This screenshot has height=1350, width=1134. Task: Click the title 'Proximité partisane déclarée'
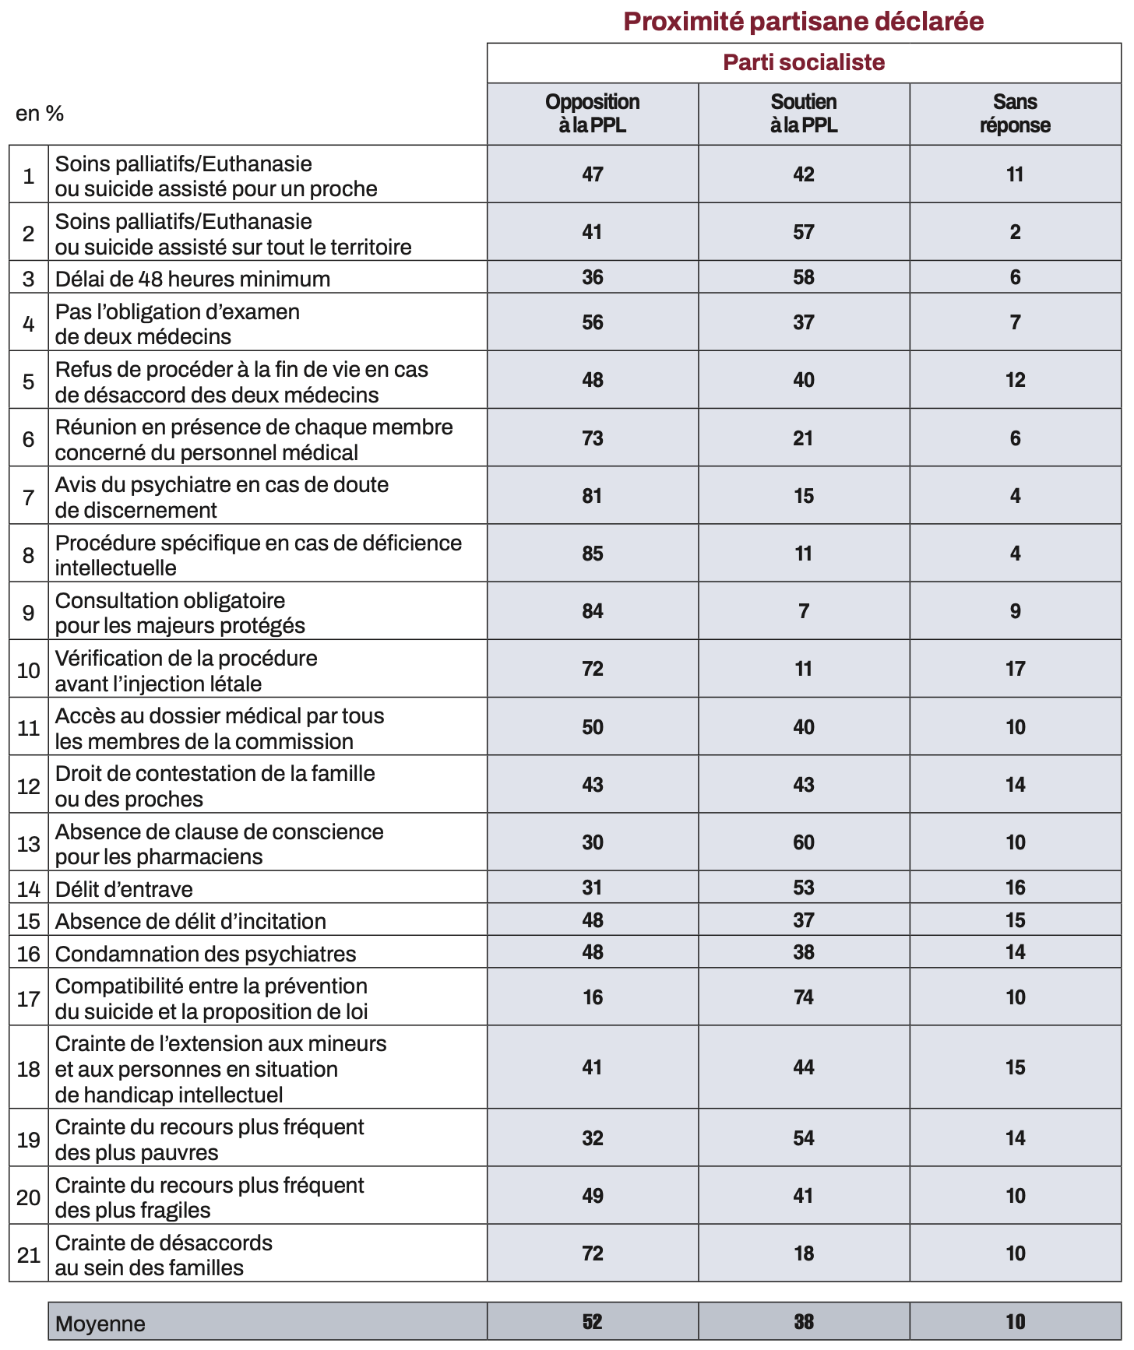(803, 21)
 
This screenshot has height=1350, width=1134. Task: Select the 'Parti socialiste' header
(803, 62)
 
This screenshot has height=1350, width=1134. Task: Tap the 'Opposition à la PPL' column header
(592, 114)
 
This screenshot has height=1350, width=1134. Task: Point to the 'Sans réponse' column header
(1015, 114)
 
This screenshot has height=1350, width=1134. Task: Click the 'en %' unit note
(40, 114)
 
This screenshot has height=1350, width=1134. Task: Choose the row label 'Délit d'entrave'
(124, 888)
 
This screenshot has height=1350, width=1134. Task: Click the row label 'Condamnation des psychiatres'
(206, 953)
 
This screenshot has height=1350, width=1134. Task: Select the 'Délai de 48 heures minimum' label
(192, 278)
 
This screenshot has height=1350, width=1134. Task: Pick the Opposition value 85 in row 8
(592, 554)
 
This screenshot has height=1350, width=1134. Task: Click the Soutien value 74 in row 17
(803, 997)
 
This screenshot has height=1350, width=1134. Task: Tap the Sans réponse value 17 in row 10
(1015, 669)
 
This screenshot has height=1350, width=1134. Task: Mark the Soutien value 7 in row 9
(803, 611)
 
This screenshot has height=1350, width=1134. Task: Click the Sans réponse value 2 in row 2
(1015, 232)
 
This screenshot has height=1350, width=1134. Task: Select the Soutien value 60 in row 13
(803, 842)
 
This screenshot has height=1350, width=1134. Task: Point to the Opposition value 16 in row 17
(592, 997)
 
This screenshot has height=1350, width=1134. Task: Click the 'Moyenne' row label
(100, 1323)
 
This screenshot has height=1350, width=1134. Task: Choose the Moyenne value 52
(592, 1322)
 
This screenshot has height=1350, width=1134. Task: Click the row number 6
(29, 439)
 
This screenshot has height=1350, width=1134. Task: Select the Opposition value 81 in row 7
(592, 496)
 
